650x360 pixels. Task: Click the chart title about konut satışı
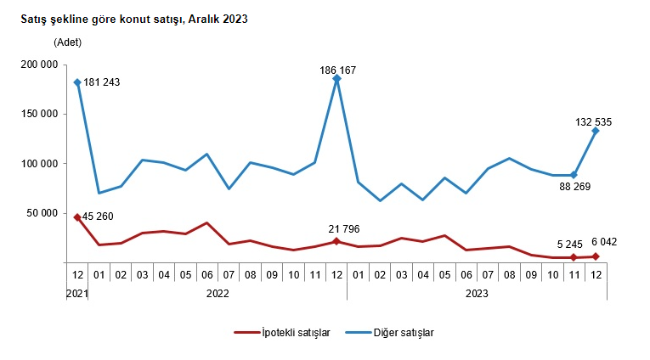pos(134,20)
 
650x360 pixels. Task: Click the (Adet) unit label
pos(69,42)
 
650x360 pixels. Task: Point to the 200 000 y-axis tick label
pos(37,65)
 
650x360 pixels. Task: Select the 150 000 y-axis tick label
pos(37,114)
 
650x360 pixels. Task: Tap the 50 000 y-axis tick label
pos(40,212)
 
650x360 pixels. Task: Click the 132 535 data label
pos(592,122)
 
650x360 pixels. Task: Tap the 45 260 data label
pos(102,217)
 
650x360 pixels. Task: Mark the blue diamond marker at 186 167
pos(336,78)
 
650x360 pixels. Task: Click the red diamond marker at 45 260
pos(77,217)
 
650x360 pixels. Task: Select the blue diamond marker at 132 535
pos(595,131)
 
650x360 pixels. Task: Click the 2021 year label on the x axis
pos(77,293)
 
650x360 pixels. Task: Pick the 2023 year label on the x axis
pos(476,293)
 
